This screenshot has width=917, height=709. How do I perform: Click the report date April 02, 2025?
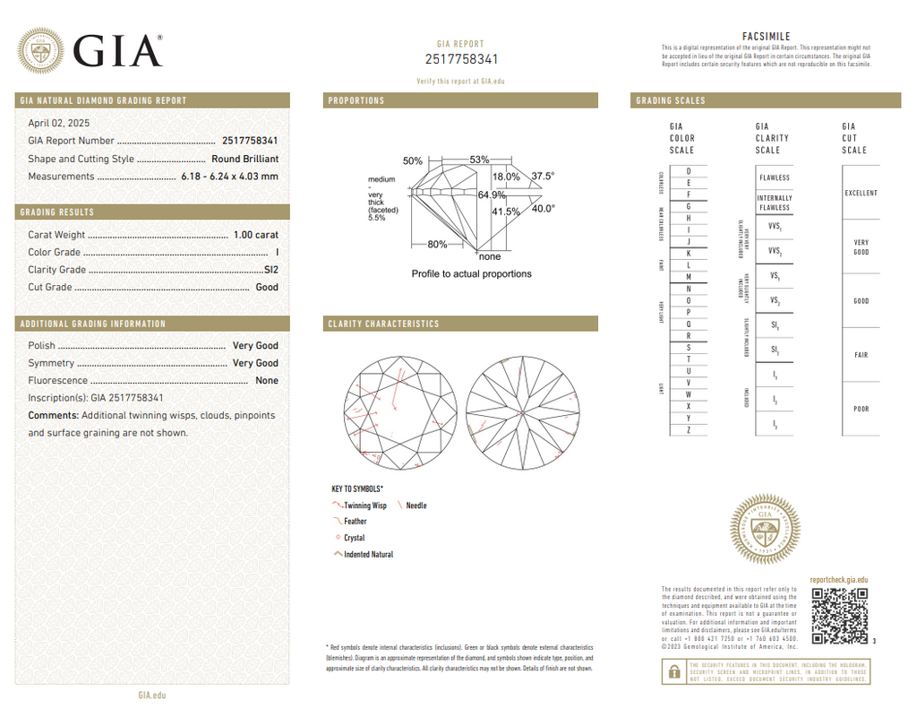(x=59, y=123)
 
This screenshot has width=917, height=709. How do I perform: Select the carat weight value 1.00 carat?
(x=255, y=235)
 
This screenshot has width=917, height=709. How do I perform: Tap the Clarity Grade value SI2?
(x=270, y=270)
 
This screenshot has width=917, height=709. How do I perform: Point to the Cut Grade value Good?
(x=267, y=288)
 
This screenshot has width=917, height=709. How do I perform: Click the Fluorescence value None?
(x=267, y=381)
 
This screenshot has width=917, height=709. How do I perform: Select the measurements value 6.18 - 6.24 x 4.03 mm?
(x=229, y=177)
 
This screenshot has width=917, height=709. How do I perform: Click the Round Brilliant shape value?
(x=244, y=159)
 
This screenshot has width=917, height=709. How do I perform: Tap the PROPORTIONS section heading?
(x=356, y=100)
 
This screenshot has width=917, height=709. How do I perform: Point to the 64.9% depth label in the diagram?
(x=492, y=195)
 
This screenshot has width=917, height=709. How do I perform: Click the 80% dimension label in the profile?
(x=437, y=244)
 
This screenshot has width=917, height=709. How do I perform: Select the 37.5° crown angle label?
(x=543, y=177)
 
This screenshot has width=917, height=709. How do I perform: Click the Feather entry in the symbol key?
(x=355, y=522)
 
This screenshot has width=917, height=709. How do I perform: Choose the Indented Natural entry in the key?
(x=368, y=555)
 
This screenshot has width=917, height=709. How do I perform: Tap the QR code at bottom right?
(x=839, y=616)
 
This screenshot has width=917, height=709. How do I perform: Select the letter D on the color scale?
(x=688, y=171)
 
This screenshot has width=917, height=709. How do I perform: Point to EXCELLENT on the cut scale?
(x=861, y=194)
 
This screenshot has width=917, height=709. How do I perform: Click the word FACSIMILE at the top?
(x=767, y=36)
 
